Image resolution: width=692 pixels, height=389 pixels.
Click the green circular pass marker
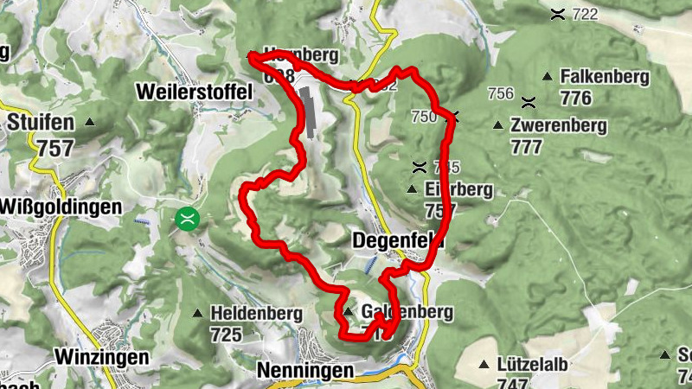[x=186, y=219]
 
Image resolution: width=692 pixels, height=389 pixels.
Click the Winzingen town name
[x=102, y=355]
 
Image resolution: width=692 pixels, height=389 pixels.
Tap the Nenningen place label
[x=305, y=371]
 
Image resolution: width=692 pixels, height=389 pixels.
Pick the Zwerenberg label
[x=559, y=125]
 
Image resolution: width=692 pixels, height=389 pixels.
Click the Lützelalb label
[x=533, y=364]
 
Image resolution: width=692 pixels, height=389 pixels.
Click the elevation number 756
[x=501, y=93]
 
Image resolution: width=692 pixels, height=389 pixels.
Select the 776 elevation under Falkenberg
[x=575, y=98]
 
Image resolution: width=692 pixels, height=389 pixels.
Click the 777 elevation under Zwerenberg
[x=527, y=146]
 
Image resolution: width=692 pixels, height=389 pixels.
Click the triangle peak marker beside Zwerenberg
[x=497, y=126]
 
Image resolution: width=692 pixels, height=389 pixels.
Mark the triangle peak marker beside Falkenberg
[x=548, y=77]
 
